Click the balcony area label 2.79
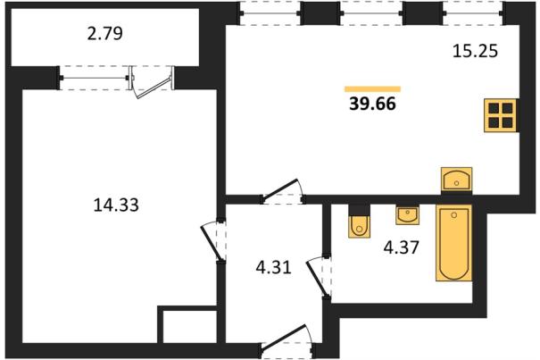[105, 34]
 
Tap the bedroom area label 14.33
[116, 205]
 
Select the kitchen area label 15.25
[475, 51]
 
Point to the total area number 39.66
[372, 104]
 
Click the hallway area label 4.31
[274, 267]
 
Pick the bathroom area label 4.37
[402, 247]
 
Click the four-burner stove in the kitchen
[501, 115]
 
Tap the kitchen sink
[457, 180]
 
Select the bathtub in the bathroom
[454, 243]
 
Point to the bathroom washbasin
[407, 215]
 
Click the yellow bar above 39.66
[372, 89]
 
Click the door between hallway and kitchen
[279, 188]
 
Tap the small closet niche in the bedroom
[189, 327]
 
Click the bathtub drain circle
[454, 215]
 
